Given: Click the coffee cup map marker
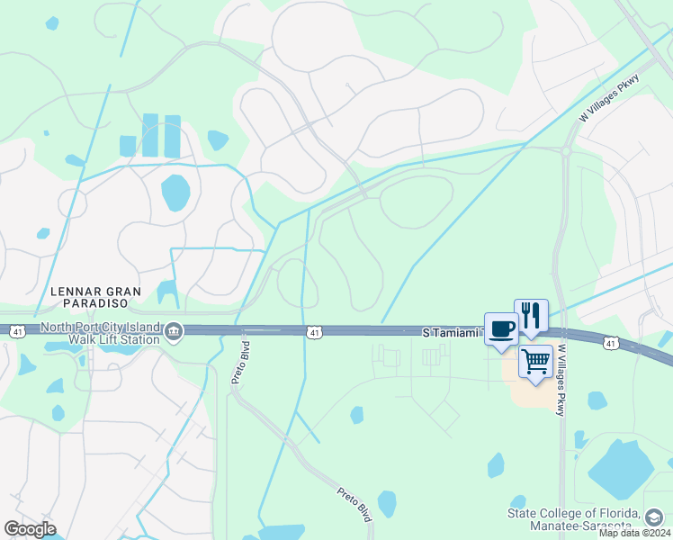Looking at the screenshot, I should click(x=500, y=328).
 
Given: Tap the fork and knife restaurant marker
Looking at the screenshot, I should click(x=531, y=315).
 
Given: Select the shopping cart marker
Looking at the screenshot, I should click(x=535, y=362).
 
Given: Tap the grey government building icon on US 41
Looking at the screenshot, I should click(x=174, y=333).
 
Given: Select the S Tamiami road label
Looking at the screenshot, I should click(x=453, y=333).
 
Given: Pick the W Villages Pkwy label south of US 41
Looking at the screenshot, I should click(x=561, y=380).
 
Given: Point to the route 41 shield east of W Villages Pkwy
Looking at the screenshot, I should click(x=611, y=343).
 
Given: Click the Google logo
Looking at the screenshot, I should click(x=30, y=529).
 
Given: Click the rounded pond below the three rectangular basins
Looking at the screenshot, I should click(x=175, y=192).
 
